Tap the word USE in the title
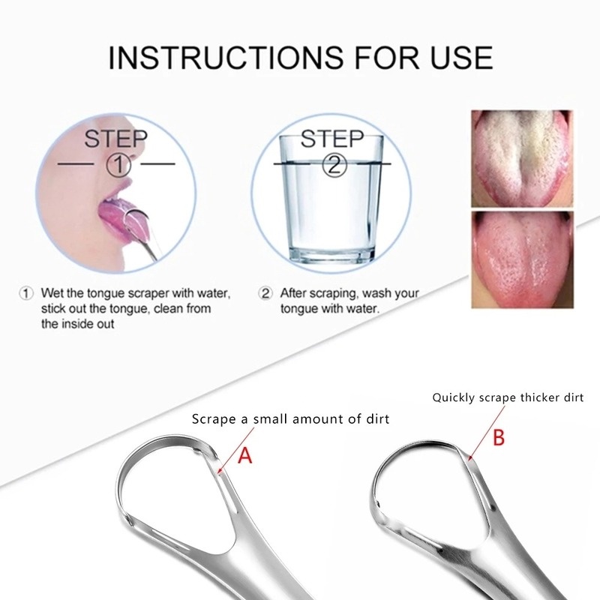(x=459, y=58)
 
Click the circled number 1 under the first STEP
(x=118, y=165)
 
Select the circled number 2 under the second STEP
(x=334, y=165)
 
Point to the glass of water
(x=331, y=199)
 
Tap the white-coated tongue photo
(x=522, y=159)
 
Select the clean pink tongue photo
(x=522, y=259)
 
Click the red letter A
(x=245, y=455)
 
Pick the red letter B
(x=499, y=437)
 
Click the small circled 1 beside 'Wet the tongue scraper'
(x=26, y=294)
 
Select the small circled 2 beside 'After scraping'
(x=265, y=294)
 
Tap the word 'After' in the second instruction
(x=293, y=293)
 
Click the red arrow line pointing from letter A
(x=236, y=450)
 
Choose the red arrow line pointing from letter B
(x=487, y=432)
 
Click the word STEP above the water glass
(x=331, y=139)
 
